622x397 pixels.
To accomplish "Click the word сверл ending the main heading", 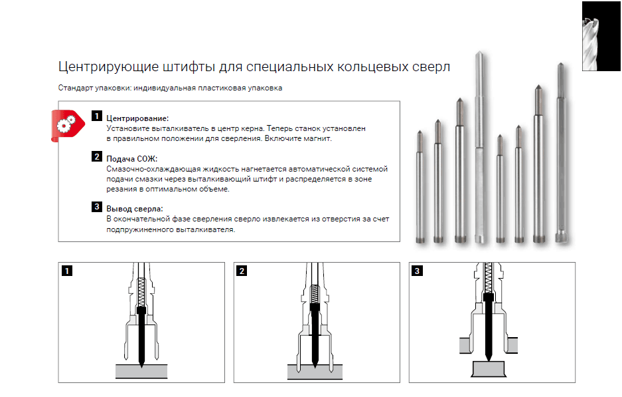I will pos(431,67).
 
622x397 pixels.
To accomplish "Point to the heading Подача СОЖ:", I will pos(131,159).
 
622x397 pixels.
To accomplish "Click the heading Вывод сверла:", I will pos(134,209).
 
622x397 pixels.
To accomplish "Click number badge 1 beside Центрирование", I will pos(96,116).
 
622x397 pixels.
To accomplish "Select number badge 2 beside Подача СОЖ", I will pos(96,158).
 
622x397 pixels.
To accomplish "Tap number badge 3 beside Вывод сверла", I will pos(96,207).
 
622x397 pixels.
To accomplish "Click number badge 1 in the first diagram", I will pos(66,271).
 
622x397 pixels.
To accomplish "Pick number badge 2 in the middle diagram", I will pos(242,271).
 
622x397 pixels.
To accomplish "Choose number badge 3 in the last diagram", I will pos(417,271).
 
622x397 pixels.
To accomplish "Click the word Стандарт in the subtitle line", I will pos(76,88).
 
